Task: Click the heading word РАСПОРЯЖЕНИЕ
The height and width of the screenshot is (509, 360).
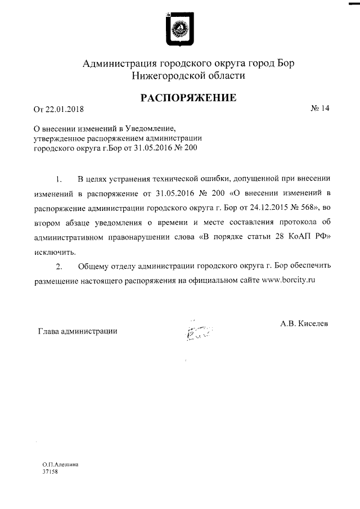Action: click(x=188, y=98)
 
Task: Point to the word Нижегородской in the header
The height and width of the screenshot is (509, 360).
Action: click(x=168, y=75)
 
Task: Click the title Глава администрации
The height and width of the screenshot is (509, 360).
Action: click(x=77, y=331)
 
